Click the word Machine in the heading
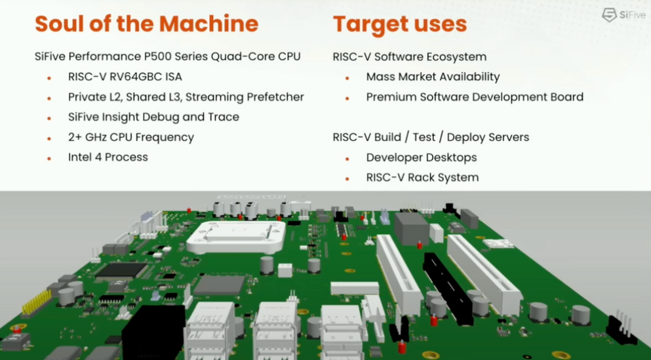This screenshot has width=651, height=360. coord(208,24)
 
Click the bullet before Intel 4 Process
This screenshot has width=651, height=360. coord(49,158)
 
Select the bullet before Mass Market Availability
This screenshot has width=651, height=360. coord(347,77)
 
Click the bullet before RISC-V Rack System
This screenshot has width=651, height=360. coord(347,178)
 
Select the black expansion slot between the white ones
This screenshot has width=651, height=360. coord(448,289)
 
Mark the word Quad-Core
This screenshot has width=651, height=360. coord(243,56)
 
